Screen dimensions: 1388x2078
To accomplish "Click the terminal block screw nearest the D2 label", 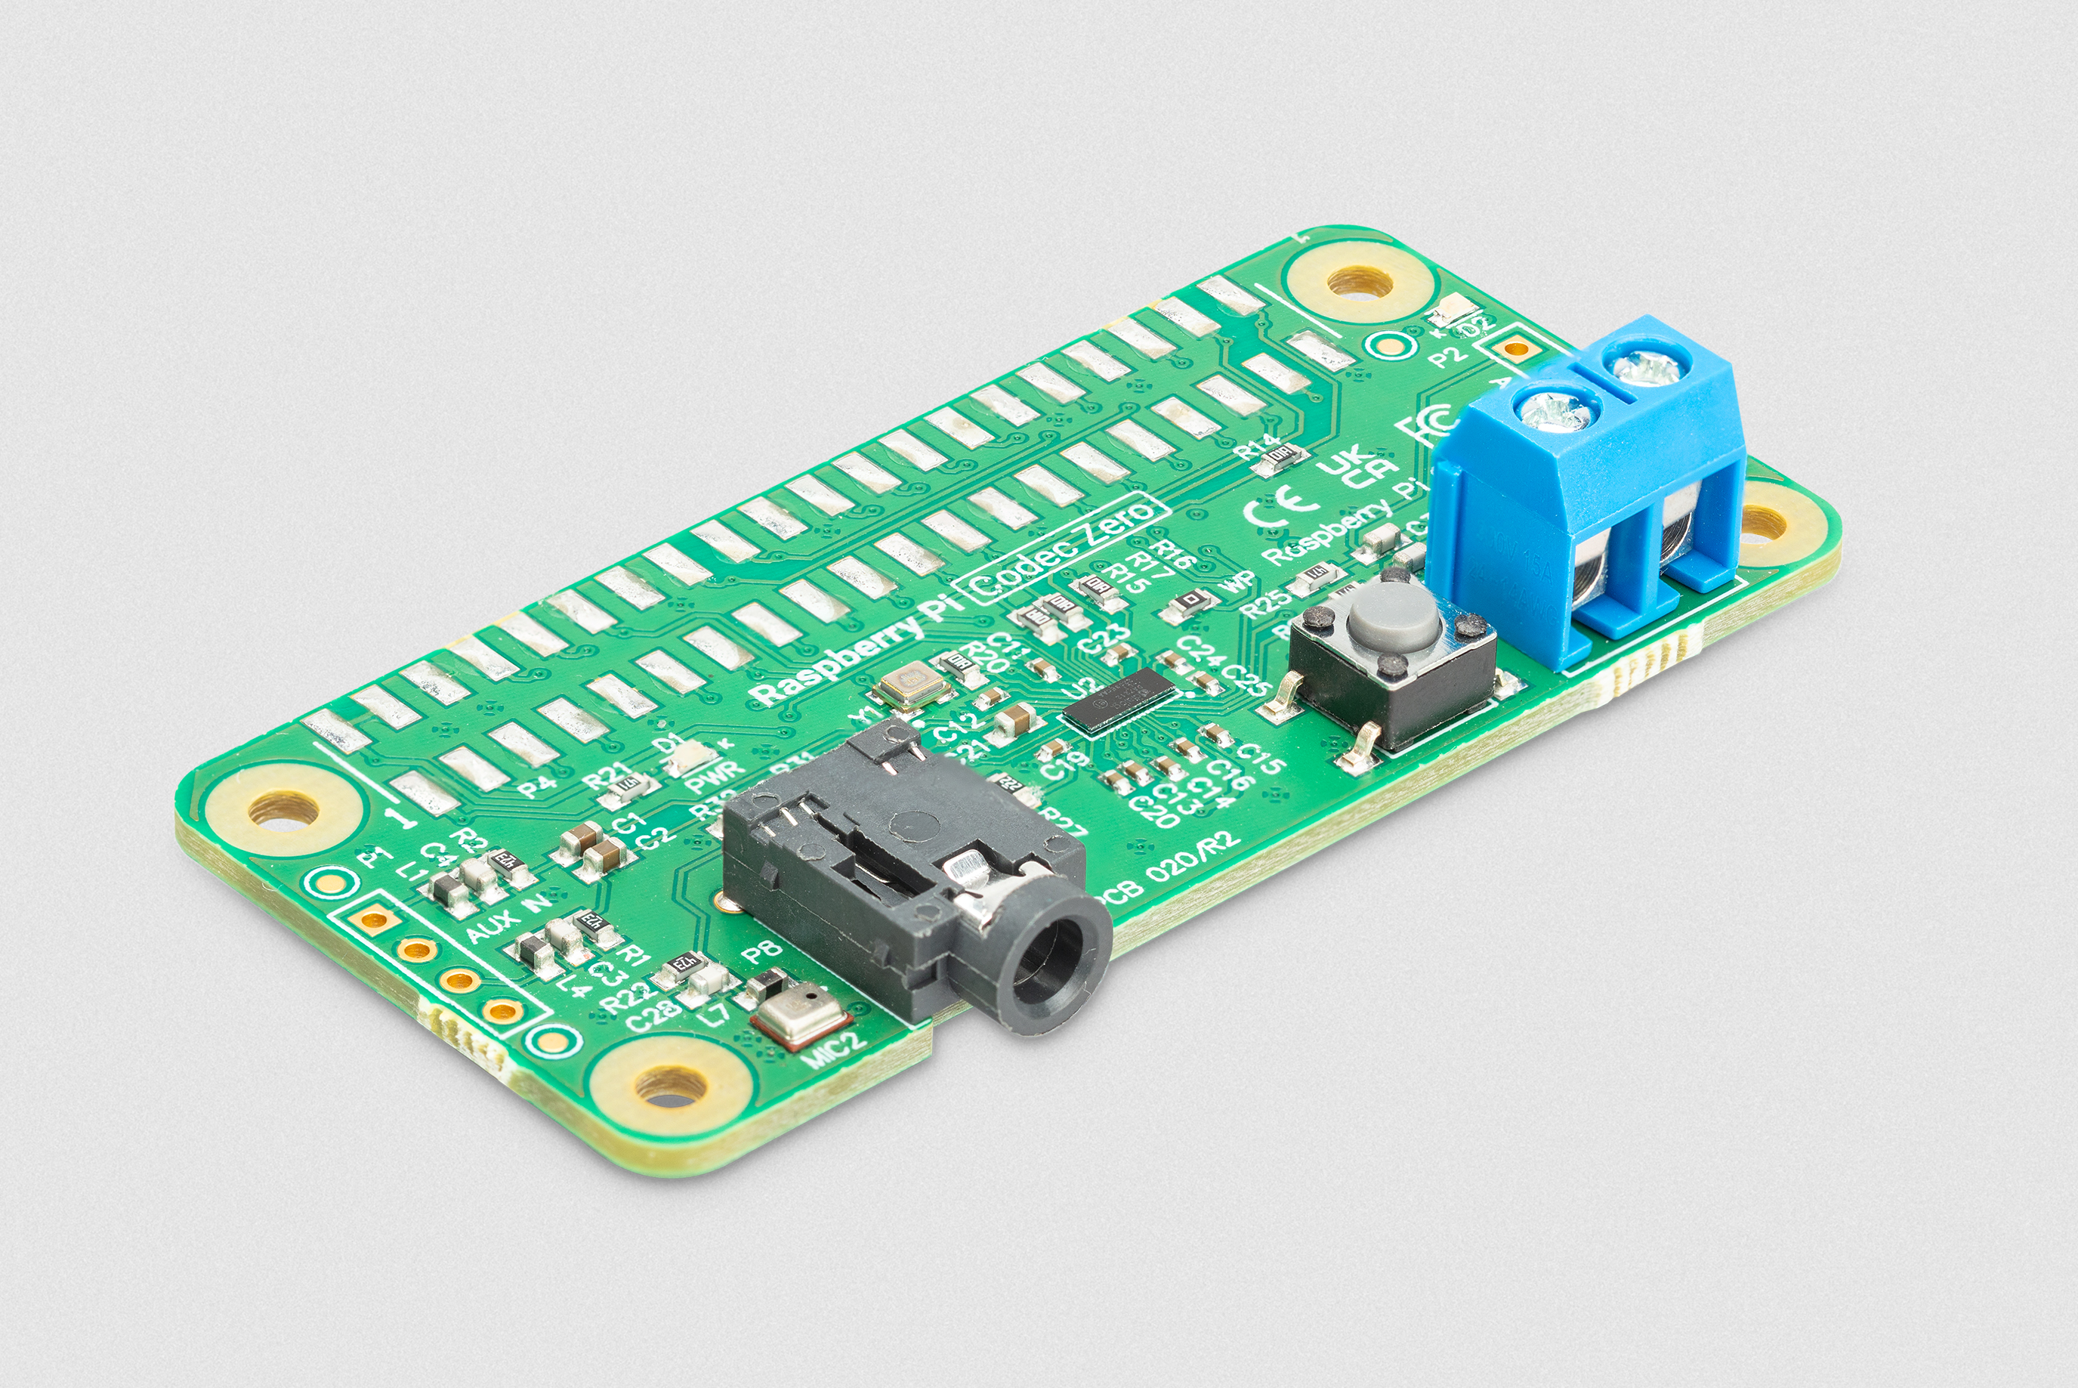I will point(1644,366).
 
